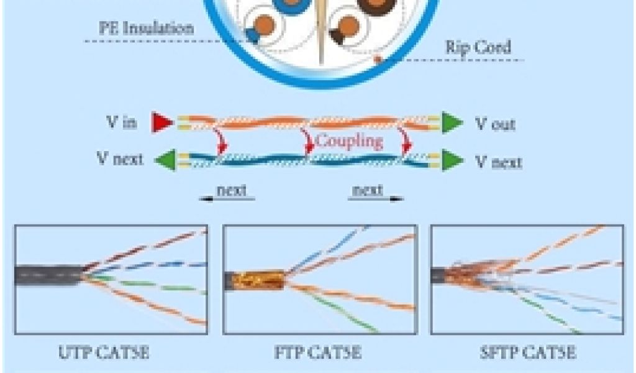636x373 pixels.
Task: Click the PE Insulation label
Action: tap(147, 28)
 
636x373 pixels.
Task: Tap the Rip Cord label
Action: tap(478, 48)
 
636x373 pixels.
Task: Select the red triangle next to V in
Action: tap(162, 122)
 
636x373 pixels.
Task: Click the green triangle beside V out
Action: tap(452, 122)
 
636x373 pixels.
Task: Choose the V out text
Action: tap(495, 124)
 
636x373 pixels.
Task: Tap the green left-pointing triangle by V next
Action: tap(164, 160)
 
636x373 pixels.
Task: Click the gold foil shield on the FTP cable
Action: tap(260, 280)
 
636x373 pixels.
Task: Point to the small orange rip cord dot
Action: tap(377, 60)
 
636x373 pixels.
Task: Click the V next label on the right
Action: tap(498, 162)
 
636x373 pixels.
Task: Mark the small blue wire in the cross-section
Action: tap(253, 35)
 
